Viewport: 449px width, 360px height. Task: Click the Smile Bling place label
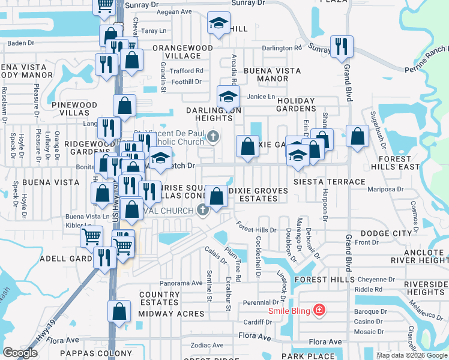point(289,310)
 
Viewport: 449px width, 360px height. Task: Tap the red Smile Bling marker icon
point(319,310)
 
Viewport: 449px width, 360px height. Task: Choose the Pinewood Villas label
point(74,109)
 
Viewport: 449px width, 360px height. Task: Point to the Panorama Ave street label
point(181,283)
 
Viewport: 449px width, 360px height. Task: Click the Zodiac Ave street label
point(207,346)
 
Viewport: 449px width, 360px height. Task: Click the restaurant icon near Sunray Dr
point(341,46)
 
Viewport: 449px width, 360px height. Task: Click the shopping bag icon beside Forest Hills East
point(357,136)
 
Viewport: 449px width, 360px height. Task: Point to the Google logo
point(20,353)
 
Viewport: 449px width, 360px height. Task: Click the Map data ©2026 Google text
point(411,355)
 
